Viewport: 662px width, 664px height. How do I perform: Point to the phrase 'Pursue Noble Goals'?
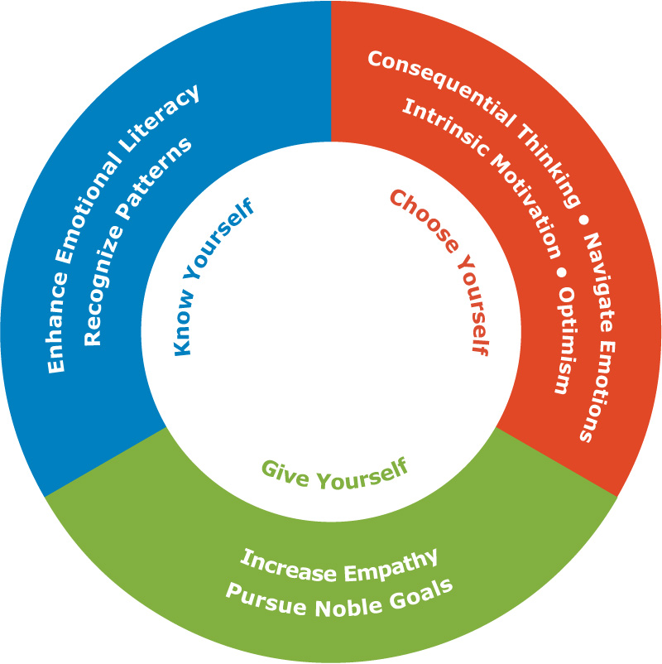coord(339,598)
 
